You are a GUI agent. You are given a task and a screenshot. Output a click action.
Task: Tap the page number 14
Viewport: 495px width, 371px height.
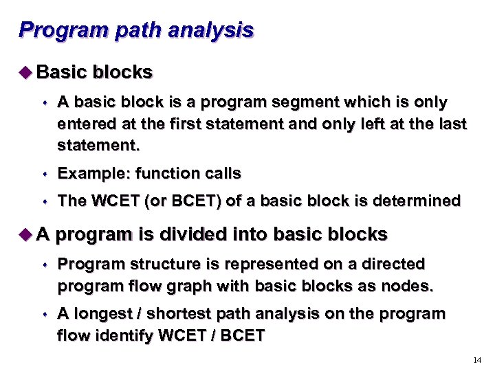pyautogui.click(x=478, y=360)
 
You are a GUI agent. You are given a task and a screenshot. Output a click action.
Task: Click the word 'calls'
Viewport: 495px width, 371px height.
pyautogui.click(x=221, y=173)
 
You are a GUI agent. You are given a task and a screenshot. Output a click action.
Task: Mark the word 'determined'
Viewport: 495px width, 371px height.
pyautogui.click(x=419, y=201)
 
